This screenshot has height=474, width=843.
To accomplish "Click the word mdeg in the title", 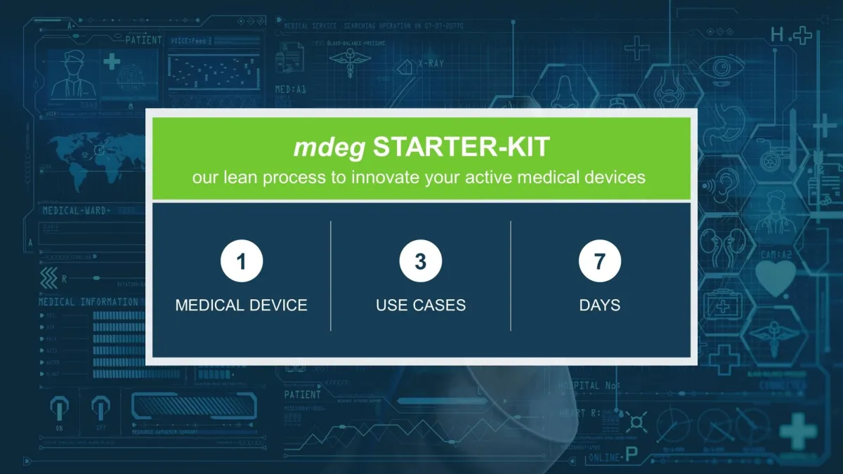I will tap(329, 148).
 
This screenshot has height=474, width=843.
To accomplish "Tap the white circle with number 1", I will tap(242, 262).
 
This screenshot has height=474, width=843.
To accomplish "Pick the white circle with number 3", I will tap(420, 262).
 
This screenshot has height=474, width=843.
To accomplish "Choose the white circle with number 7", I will tap(599, 262).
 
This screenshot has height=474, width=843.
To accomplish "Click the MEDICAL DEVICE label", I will tap(241, 305).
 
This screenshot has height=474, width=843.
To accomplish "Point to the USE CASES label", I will tap(420, 305).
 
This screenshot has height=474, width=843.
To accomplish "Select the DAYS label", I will tap(599, 305).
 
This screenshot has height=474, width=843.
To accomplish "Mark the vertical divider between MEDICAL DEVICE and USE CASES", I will tap(331, 275).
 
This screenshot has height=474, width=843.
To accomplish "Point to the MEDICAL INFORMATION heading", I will tap(89, 302).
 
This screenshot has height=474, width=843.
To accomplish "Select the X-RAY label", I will tap(431, 64).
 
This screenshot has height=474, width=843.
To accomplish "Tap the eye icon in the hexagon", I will tap(721, 69).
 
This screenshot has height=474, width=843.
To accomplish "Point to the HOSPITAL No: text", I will tap(589, 386).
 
